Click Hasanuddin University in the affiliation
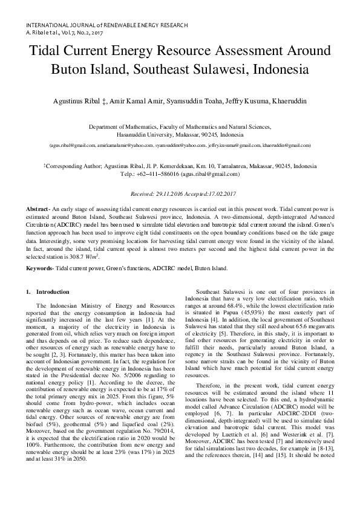[x=145, y=135]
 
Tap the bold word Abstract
[x=37, y=209]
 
